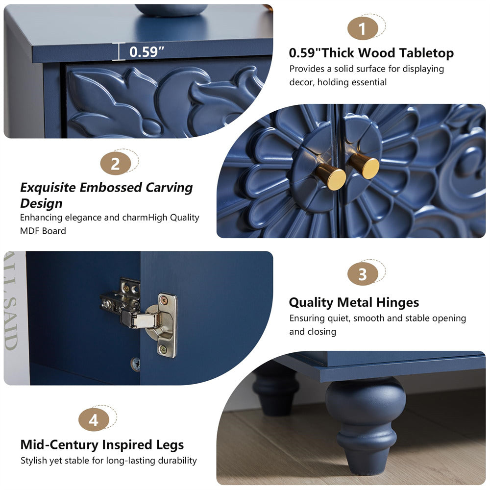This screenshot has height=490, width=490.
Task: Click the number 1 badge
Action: (x=362, y=29)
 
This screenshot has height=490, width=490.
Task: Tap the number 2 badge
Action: (x=115, y=164)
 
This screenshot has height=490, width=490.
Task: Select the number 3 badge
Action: (x=362, y=274)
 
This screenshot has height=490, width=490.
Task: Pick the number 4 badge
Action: (x=94, y=420)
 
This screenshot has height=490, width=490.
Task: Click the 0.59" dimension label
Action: (x=146, y=52)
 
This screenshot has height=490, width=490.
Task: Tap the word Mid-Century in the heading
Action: (x=59, y=445)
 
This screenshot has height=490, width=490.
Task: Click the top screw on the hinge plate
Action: (x=167, y=299)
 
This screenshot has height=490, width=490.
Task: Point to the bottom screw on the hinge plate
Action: (x=162, y=350)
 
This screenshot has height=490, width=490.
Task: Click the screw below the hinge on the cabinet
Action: (x=136, y=363)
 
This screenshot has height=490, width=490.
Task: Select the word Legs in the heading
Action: (x=168, y=445)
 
